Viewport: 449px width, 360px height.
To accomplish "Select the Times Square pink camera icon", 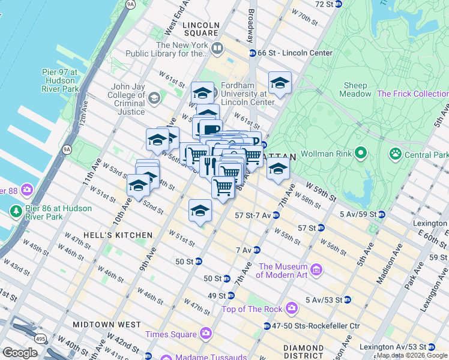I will click(x=206, y=334).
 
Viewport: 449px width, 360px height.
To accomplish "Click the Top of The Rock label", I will click(x=252, y=309).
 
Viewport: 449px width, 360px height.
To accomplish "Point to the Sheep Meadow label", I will click(x=355, y=89).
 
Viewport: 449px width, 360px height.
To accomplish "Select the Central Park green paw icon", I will click(x=395, y=155).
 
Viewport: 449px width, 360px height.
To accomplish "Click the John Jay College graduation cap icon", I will click(x=154, y=98).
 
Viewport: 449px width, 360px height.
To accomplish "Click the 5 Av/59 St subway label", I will click(x=358, y=214).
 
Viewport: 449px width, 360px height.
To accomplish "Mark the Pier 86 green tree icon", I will click(x=15, y=212).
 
